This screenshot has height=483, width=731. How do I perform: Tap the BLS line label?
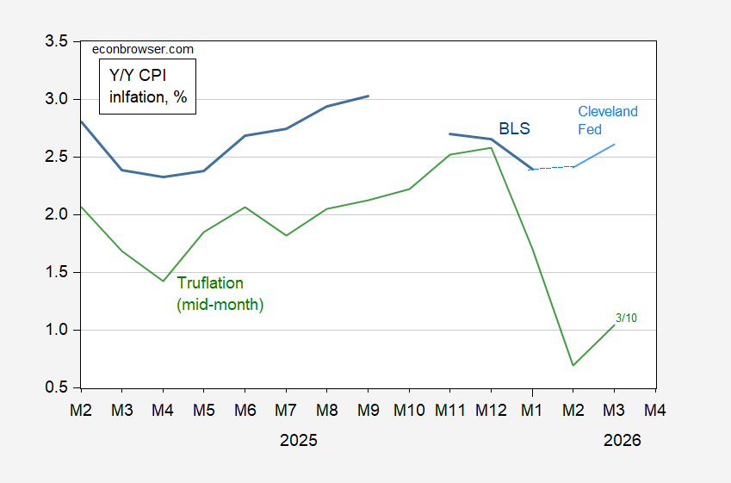click(515, 129)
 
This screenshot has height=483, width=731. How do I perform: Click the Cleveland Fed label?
click(608, 120)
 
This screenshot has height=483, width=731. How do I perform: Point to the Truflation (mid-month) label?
click(220, 294)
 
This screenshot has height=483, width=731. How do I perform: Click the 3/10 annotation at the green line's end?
click(625, 318)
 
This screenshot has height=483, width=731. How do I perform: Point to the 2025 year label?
click(299, 440)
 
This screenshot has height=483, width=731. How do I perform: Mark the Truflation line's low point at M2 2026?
click(573, 365)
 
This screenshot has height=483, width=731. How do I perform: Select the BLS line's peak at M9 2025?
click(369, 96)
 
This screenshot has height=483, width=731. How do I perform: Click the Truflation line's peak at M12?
click(491, 147)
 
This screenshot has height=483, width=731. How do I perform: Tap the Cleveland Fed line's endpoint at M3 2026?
click(614, 144)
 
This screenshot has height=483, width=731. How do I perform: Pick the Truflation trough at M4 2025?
click(164, 281)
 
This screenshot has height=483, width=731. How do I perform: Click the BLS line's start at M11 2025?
click(450, 133)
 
